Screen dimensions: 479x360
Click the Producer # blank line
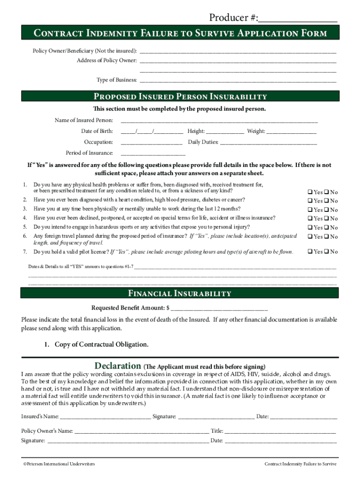coord(297,19)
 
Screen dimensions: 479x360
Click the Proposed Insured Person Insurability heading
coord(180,97)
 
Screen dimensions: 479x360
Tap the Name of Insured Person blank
coord(219,121)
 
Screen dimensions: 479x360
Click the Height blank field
coord(225,132)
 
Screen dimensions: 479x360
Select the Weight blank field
coord(291,132)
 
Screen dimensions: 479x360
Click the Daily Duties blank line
coord(268,142)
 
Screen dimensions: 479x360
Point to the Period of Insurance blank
coord(153,153)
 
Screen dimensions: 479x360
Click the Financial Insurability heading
coord(180,294)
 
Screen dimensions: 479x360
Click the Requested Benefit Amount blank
coord(220,308)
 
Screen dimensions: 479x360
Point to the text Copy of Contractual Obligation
coord(101,345)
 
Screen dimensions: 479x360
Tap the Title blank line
coord(280,431)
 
